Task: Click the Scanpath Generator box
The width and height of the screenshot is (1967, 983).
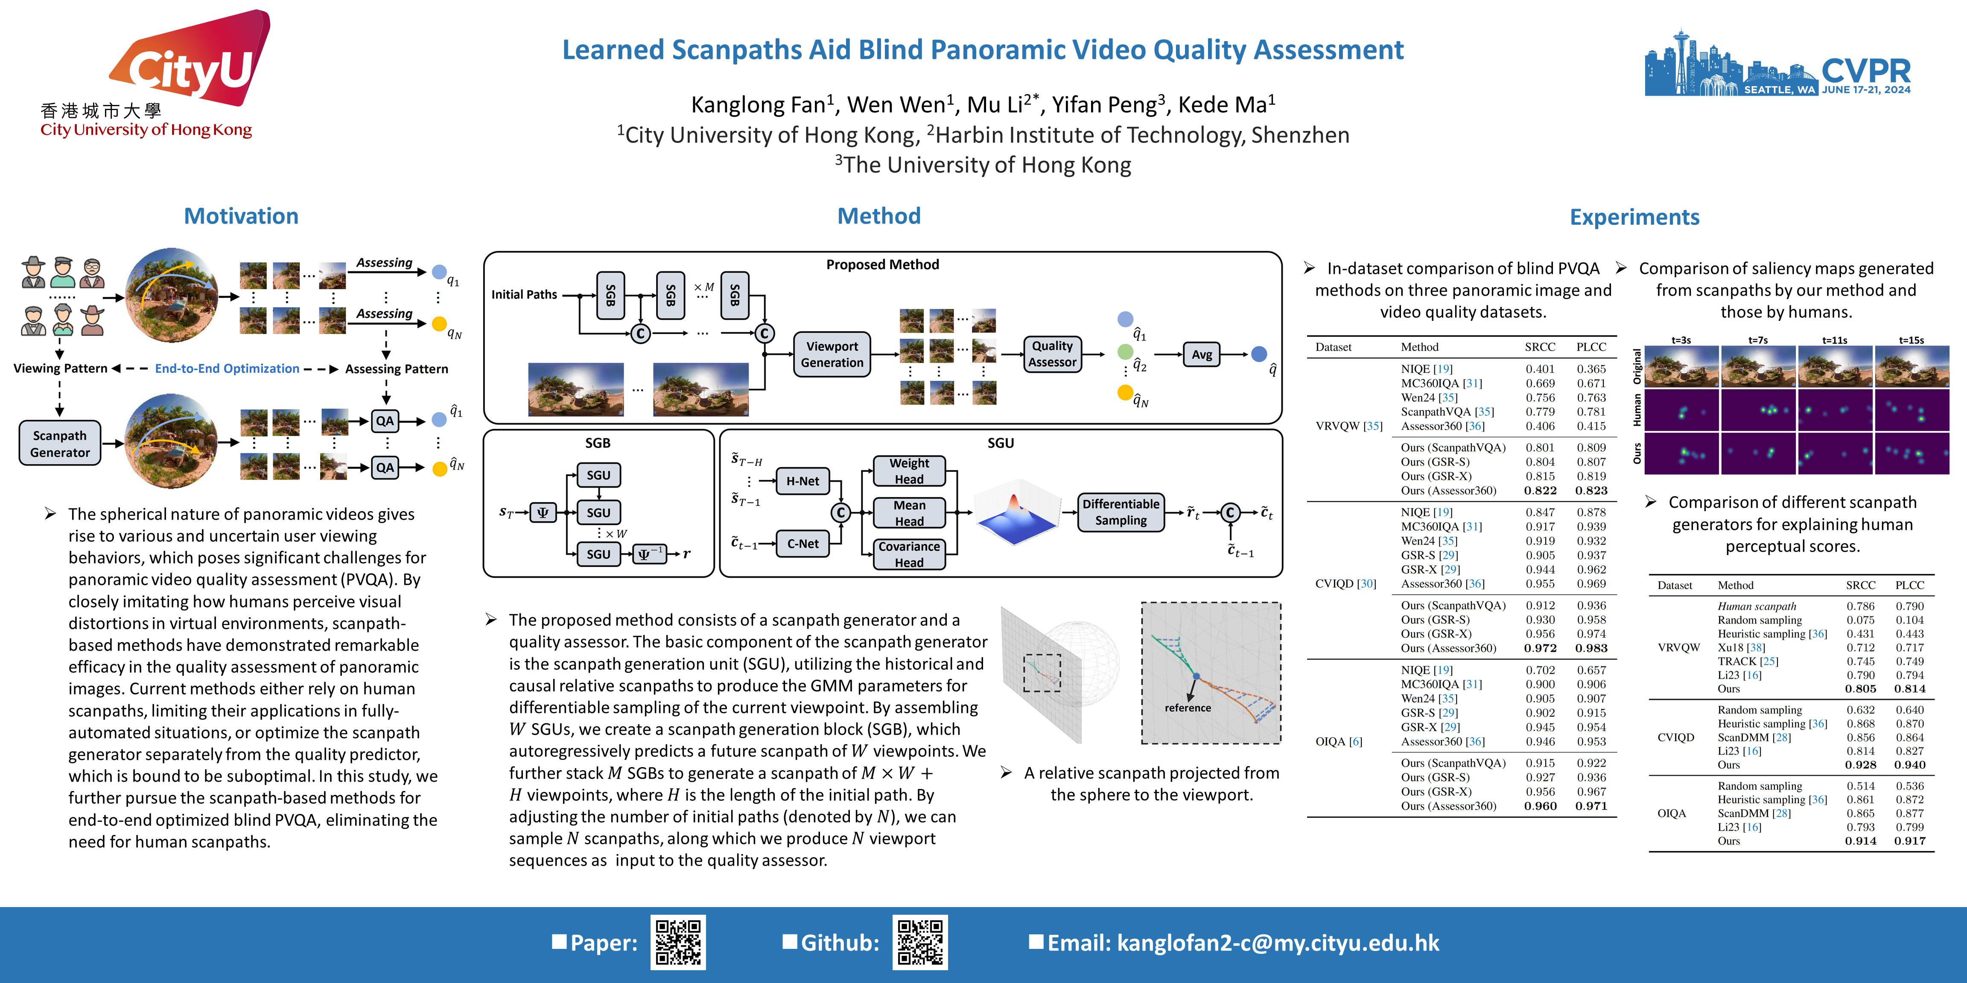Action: (x=60, y=443)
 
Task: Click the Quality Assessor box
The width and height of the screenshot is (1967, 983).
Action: (x=1052, y=354)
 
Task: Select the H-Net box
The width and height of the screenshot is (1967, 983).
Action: (x=803, y=481)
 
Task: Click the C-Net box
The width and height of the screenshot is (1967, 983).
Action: (x=803, y=544)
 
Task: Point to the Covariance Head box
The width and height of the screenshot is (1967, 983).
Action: (x=909, y=554)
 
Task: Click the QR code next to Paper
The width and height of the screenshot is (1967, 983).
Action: (x=678, y=942)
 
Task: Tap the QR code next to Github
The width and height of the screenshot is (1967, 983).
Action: (x=920, y=942)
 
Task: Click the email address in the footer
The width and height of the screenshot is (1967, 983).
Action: (x=1278, y=943)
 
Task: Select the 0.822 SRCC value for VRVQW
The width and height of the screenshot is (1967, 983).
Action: (x=1540, y=491)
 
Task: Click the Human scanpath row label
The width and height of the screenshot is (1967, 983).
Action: (x=1756, y=606)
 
